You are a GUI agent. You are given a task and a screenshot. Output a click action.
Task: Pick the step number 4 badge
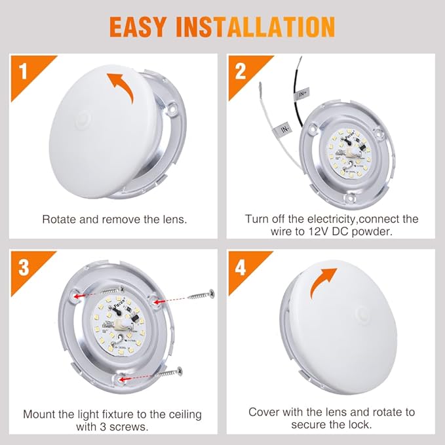[x=241, y=267]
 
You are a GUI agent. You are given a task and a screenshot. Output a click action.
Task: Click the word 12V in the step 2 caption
[x=308, y=232]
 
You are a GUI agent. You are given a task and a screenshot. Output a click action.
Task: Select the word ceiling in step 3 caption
[x=183, y=414]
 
